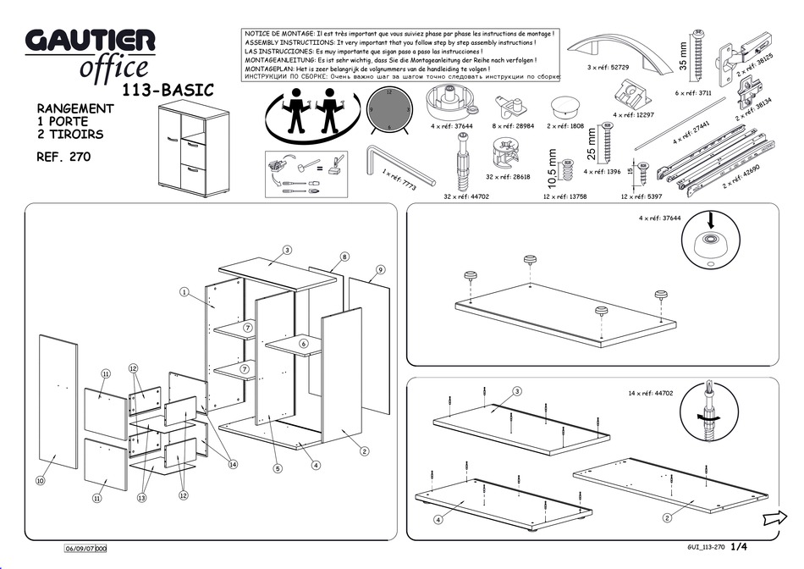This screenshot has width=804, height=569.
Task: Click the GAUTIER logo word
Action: [x=90, y=40]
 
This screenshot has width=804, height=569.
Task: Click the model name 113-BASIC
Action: [x=168, y=90]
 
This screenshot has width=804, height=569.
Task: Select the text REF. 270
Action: [x=63, y=157]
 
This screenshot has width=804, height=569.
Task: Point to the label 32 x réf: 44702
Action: [x=466, y=196]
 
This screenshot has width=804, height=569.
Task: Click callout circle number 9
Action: [x=381, y=269]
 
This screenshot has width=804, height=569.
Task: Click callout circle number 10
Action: [x=40, y=481]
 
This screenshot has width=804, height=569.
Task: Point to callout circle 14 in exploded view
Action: [x=232, y=464]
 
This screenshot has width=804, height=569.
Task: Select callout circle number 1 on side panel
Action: [x=183, y=292]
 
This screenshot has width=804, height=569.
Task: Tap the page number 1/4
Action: [x=739, y=548]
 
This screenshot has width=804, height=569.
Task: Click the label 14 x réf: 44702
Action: [x=650, y=394]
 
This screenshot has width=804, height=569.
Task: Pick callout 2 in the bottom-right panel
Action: [x=667, y=517]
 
